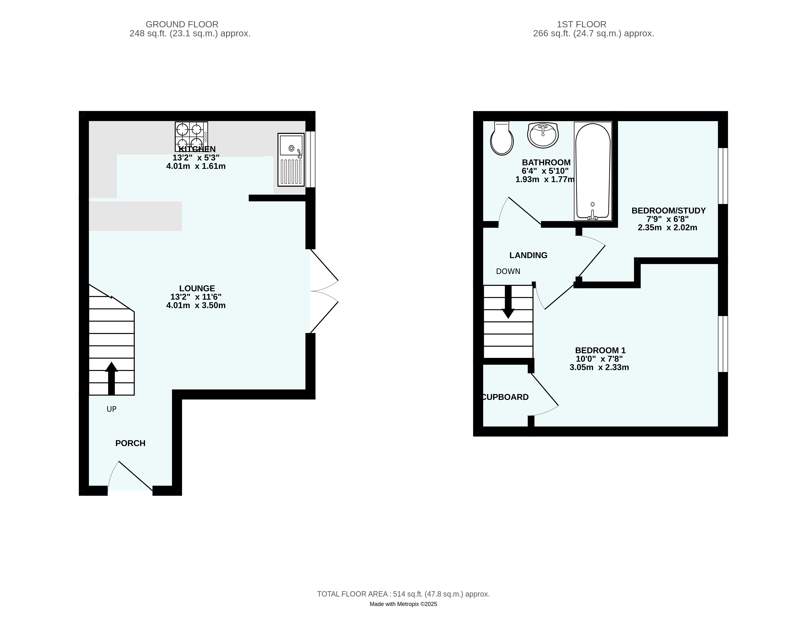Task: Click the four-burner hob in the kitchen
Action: coord(191,137)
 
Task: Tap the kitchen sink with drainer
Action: coord(291,160)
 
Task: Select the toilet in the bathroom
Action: coord(502,138)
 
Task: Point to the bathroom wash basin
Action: coord(543,135)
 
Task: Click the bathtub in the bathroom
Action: coord(593,171)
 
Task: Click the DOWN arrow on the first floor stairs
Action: coord(508,302)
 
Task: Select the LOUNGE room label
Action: coord(197,288)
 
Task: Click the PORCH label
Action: coord(130,443)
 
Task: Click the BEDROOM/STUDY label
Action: coord(668,211)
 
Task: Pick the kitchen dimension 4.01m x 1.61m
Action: coord(196,166)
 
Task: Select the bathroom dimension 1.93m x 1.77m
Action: coord(545,180)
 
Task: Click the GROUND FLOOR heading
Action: coord(182,24)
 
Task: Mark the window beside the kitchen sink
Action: coord(310,159)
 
